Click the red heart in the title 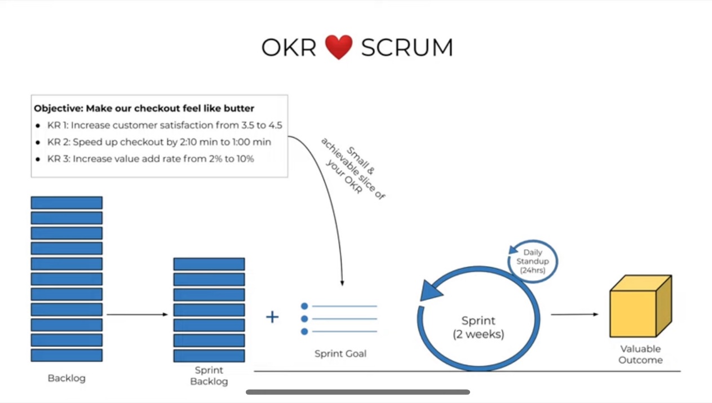click(339, 47)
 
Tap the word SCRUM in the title click(407, 48)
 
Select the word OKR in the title click(289, 48)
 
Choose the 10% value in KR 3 click(244, 159)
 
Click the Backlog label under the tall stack click(67, 378)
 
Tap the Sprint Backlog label click(209, 376)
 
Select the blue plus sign click(272, 317)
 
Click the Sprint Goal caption click(340, 354)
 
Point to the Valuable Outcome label click(640, 355)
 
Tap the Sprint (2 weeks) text click(479, 327)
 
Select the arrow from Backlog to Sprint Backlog click(138, 315)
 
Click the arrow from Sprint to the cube click(574, 315)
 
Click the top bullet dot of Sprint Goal click(304, 306)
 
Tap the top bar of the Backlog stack click(67, 203)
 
